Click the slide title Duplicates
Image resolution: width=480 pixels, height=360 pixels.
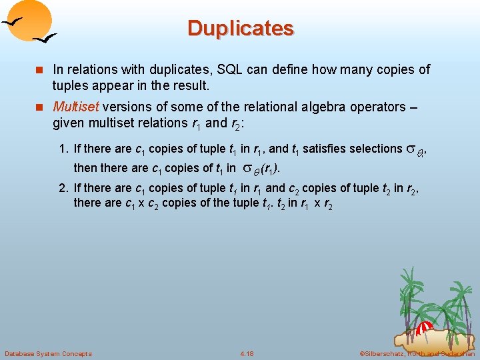(240, 29)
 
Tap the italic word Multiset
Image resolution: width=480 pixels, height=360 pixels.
(73, 107)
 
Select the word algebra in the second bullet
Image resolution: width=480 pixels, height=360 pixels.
(287, 107)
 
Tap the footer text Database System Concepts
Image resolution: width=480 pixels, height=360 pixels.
(48, 353)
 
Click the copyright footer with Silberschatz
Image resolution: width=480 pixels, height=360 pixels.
(417, 353)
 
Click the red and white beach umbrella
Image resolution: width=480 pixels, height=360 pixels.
(427, 327)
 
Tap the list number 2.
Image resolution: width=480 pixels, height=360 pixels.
(65, 188)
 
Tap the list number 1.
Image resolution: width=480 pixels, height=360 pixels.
(65, 149)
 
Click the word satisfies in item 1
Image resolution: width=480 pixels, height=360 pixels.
(324, 149)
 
